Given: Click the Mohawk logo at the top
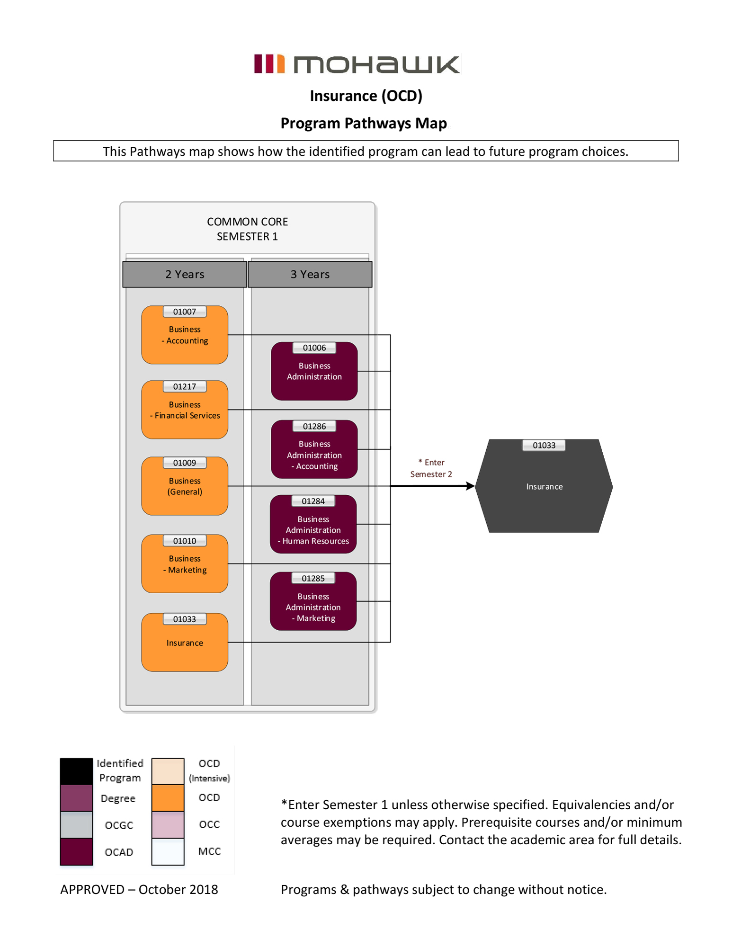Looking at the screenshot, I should point(357,64).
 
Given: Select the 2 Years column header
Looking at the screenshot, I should point(185,274).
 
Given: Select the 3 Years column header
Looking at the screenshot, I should point(310,274).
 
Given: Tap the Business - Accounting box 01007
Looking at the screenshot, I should point(185,335).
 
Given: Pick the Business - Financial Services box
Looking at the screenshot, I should point(185,410).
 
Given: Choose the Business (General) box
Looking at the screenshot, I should point(185,486).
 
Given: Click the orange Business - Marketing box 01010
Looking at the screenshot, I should point(185,564).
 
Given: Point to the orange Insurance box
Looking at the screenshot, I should point(185,643).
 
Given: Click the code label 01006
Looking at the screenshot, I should point(314,348).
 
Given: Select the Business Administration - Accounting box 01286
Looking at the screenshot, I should point(314,450).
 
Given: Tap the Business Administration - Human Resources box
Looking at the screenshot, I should point(313,525).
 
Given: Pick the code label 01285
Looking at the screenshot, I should point(313,578).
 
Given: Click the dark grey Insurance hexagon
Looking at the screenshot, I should point(544,486).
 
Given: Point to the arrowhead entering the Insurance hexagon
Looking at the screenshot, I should point(470,486).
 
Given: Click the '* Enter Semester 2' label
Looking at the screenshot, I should point(431,468).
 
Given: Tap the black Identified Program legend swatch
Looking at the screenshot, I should point(76,771).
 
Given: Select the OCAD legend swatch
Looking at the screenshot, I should point(76,851).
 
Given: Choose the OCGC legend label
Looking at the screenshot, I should point(119,825).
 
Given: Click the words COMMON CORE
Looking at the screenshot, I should point(247,222).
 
